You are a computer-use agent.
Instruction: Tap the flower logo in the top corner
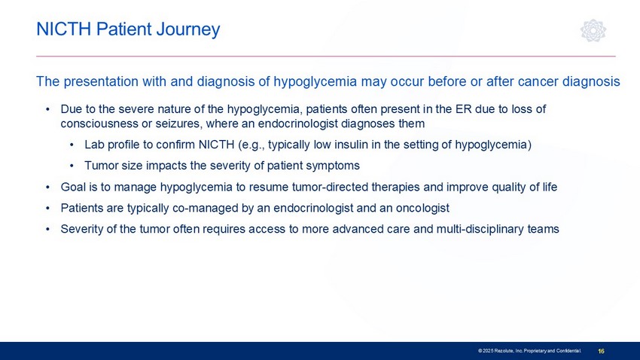coord(593,30)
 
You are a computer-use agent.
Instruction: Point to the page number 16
coord(601,351)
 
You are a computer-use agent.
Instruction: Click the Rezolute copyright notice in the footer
coord(529,351)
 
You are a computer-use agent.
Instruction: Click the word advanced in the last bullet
coord(351,229)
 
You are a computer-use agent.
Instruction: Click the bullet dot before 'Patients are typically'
coord(47,208)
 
